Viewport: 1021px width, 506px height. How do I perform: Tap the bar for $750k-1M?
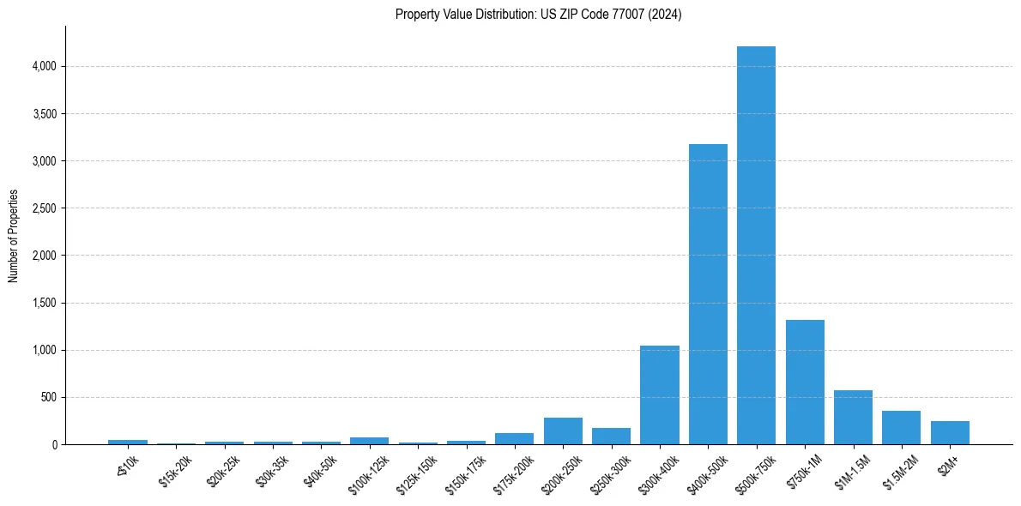click(805, 383)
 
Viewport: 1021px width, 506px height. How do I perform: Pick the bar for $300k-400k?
click(660, 395)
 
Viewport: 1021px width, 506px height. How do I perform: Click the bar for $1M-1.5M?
click(853, 418)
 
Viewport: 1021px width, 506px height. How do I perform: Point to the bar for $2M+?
click(950, 433)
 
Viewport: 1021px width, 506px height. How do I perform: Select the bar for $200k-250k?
click(563, 431)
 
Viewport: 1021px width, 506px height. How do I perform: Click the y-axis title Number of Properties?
click(13, 235)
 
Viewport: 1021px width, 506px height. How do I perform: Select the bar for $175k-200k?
click(514, 439)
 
